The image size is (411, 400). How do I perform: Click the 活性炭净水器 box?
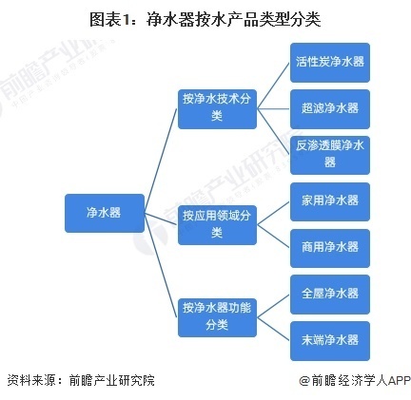point(329,62)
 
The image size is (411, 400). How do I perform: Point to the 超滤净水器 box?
point(329,106)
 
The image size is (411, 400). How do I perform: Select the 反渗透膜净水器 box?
point(329,153)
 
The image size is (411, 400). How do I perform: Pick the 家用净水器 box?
point(329,200)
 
